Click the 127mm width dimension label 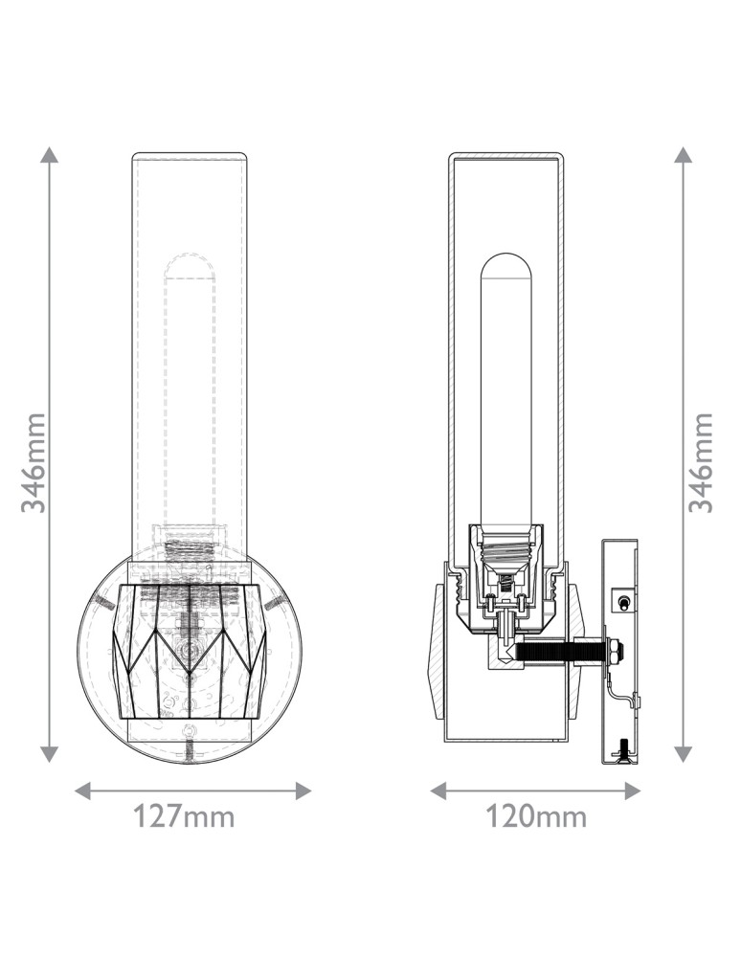pyautogui.click(x=184, y=817)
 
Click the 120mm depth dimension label pyautogui.click(x=535, y=817)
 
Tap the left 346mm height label pyautogui.click(x=34, y=462)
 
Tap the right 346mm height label pyautogui.click(x=701, y=462)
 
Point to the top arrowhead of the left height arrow pyautogui.click(x=50, y=155)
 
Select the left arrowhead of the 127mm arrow pyautogui.click(x=82, y=791)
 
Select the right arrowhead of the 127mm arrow pyautogui.click(x=303, y=791)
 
